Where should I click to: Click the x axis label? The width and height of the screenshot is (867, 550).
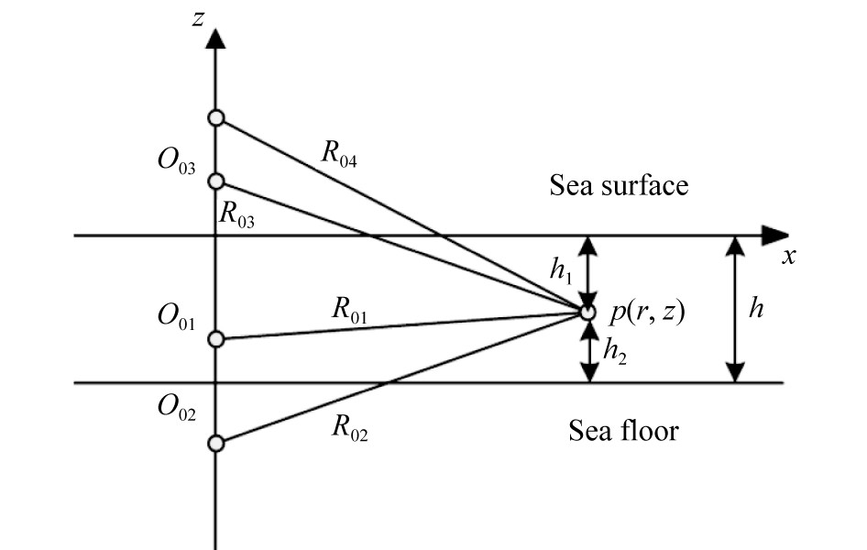[787, 257]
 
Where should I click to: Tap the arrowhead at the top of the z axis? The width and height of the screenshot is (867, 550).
[215, 38]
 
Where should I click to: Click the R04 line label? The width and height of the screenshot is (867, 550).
[338, 155]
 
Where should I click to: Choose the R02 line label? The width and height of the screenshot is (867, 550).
[349, 432]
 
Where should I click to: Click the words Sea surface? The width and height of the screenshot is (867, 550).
[619, 186]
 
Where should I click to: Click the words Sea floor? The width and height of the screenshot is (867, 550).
[623, 429]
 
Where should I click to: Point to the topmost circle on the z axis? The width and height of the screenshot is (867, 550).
[215, 117]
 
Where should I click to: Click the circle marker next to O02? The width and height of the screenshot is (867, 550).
[215, 444]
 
